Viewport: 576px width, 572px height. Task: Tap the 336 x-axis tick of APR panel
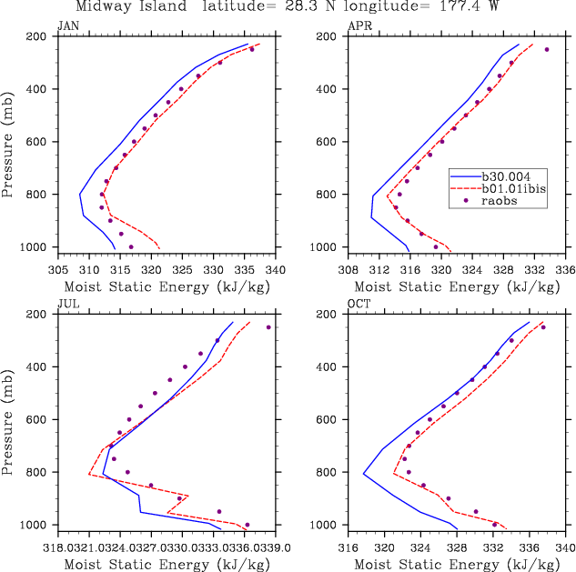(x=565, y=269)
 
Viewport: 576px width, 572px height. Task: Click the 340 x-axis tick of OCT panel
(x=565, y=547)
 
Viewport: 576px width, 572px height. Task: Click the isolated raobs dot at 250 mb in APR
(x=547, y=49)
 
